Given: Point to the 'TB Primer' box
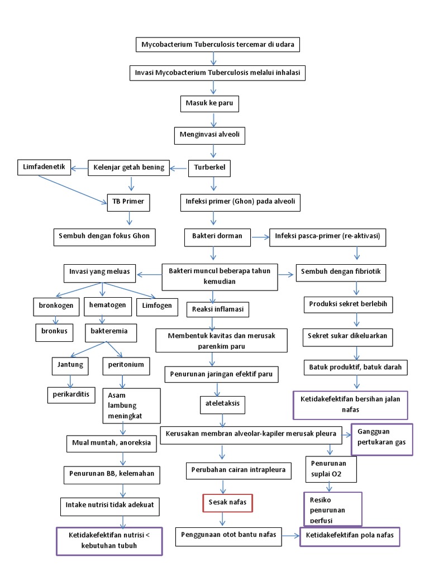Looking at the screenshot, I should (128, 202).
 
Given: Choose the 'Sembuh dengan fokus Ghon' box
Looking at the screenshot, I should (104, 236).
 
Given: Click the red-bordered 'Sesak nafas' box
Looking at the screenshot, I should (227, 503).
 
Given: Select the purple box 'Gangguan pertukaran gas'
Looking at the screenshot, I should (382, 438).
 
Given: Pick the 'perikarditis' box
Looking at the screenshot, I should (71, 394).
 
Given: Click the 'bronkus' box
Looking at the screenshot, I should (54, 331).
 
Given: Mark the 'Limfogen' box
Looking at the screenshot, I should (156, 307).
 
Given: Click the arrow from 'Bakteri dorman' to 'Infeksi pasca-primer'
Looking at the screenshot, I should (260, 237).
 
